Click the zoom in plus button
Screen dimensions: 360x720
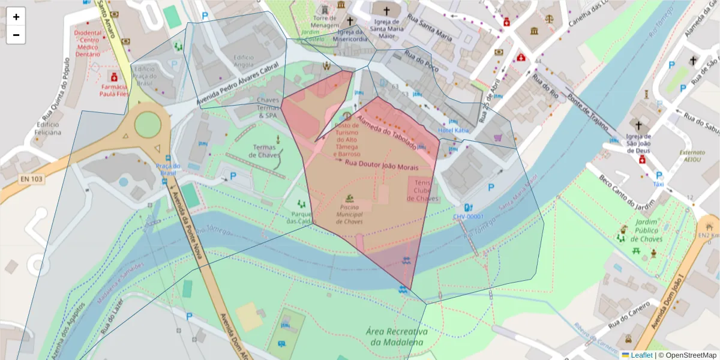click(16, 17)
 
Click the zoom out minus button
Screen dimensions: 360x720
click(16, 35)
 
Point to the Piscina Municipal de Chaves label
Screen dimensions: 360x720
click(349, 214)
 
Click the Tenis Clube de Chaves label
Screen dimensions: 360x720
click(423, 190)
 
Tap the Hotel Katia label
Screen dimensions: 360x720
click(454, 130)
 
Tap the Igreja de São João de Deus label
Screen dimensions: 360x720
click(638, 143)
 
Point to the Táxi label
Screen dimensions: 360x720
click(658, 184)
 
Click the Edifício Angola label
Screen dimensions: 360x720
click(244, 61)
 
